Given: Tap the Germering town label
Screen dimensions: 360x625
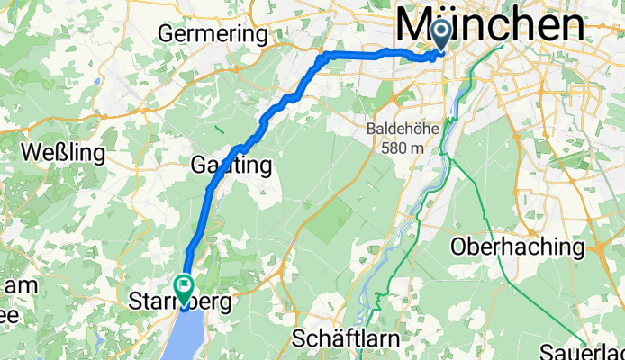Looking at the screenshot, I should [x=213, y=34].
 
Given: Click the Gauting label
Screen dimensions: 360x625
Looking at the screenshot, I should [x=231, y=166].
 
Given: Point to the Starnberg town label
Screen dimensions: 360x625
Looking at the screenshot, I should [x=180, y=301].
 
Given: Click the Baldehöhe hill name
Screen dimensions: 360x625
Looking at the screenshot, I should [x=403, y=130].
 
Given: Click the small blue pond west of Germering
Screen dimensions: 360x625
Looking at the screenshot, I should [x=95, y=82].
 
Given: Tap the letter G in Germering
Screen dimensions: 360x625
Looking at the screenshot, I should [x=166, y=34].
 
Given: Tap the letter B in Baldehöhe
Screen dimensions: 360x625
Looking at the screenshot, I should [x=371, y=130].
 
